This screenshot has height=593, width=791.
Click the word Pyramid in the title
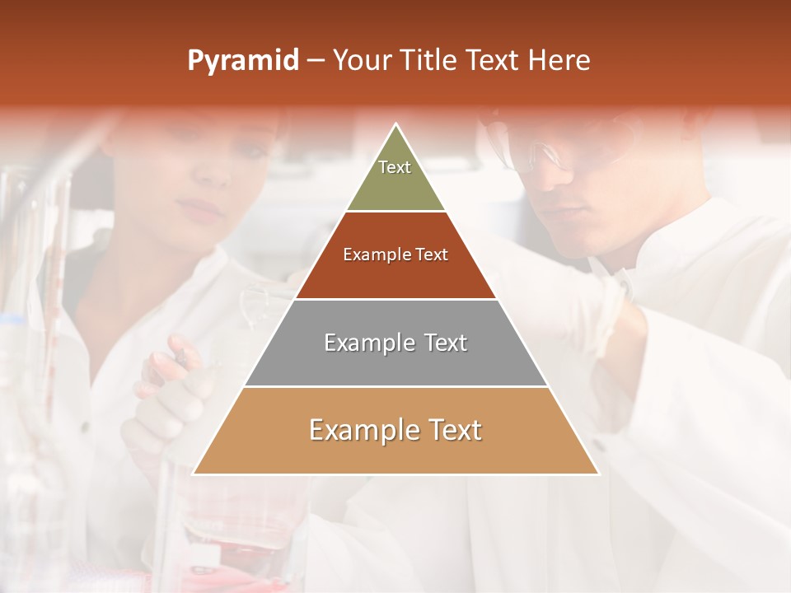click(242, 61)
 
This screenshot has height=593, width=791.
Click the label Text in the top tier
click(395, 167)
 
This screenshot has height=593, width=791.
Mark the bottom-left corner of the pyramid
click(194, 474)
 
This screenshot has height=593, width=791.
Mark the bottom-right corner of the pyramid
click(598, 474)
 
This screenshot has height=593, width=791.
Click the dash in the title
click(316, 61)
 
